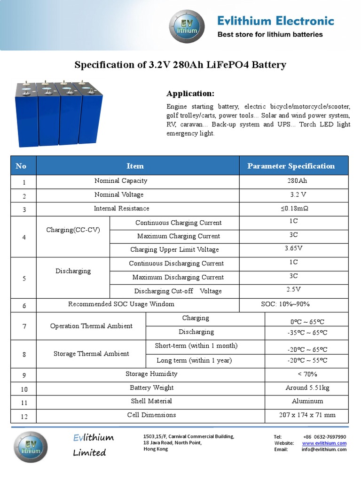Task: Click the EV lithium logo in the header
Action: pyautogui.click(x=187, y=27)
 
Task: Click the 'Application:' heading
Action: pyautogui.click(x=190, y=93)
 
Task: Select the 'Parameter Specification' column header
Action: pyautogui.click(x=291, y=166)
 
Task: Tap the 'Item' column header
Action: pyautogui.click(x=135, y=166)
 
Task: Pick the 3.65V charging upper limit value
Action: pyautogui.click(x=294, y=248)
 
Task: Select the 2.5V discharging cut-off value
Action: pyautogui.click(x=294, y=289)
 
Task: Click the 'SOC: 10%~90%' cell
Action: pyautogui.click(x=285, y=304)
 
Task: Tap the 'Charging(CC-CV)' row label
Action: pyautogui.click(x=73, y=230)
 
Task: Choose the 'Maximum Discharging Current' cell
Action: pyautogui.click(x=178, y=277)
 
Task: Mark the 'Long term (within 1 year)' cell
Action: pyautogui.click(x=194, y=360)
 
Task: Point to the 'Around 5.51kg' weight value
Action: pyautogui.click(x=307, y=388)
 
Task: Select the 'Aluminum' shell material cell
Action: pyautogui.click(x=307, y=401)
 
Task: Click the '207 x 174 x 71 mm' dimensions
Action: pyautogui.click(x=307, y=415)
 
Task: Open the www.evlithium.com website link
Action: pyautogui.click(x=324, y=443)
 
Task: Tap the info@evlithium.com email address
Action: pyautogui.click(x=324, y=450)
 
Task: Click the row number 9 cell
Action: pyautogui.click(x=24, y=375)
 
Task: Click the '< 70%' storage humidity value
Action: pyautogui.click(x=307, y=374)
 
